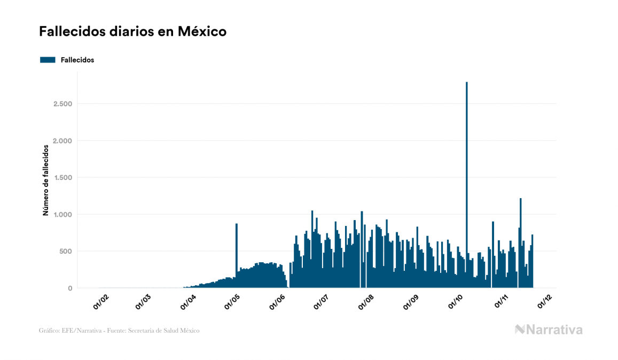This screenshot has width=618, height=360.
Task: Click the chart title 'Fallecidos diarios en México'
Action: pos(132,32)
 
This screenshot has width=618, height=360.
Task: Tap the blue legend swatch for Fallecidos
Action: pos(48,60)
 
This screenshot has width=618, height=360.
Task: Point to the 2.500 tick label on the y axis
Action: pos(63,104)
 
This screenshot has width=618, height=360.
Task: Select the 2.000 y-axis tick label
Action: pos(63,140)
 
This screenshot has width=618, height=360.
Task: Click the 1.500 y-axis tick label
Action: pos(63,177)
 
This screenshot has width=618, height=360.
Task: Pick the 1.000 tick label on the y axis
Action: pos(63,214)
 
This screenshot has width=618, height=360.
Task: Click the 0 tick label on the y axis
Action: pos(70,288)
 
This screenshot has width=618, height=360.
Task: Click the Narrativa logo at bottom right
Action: pos(549,330)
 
